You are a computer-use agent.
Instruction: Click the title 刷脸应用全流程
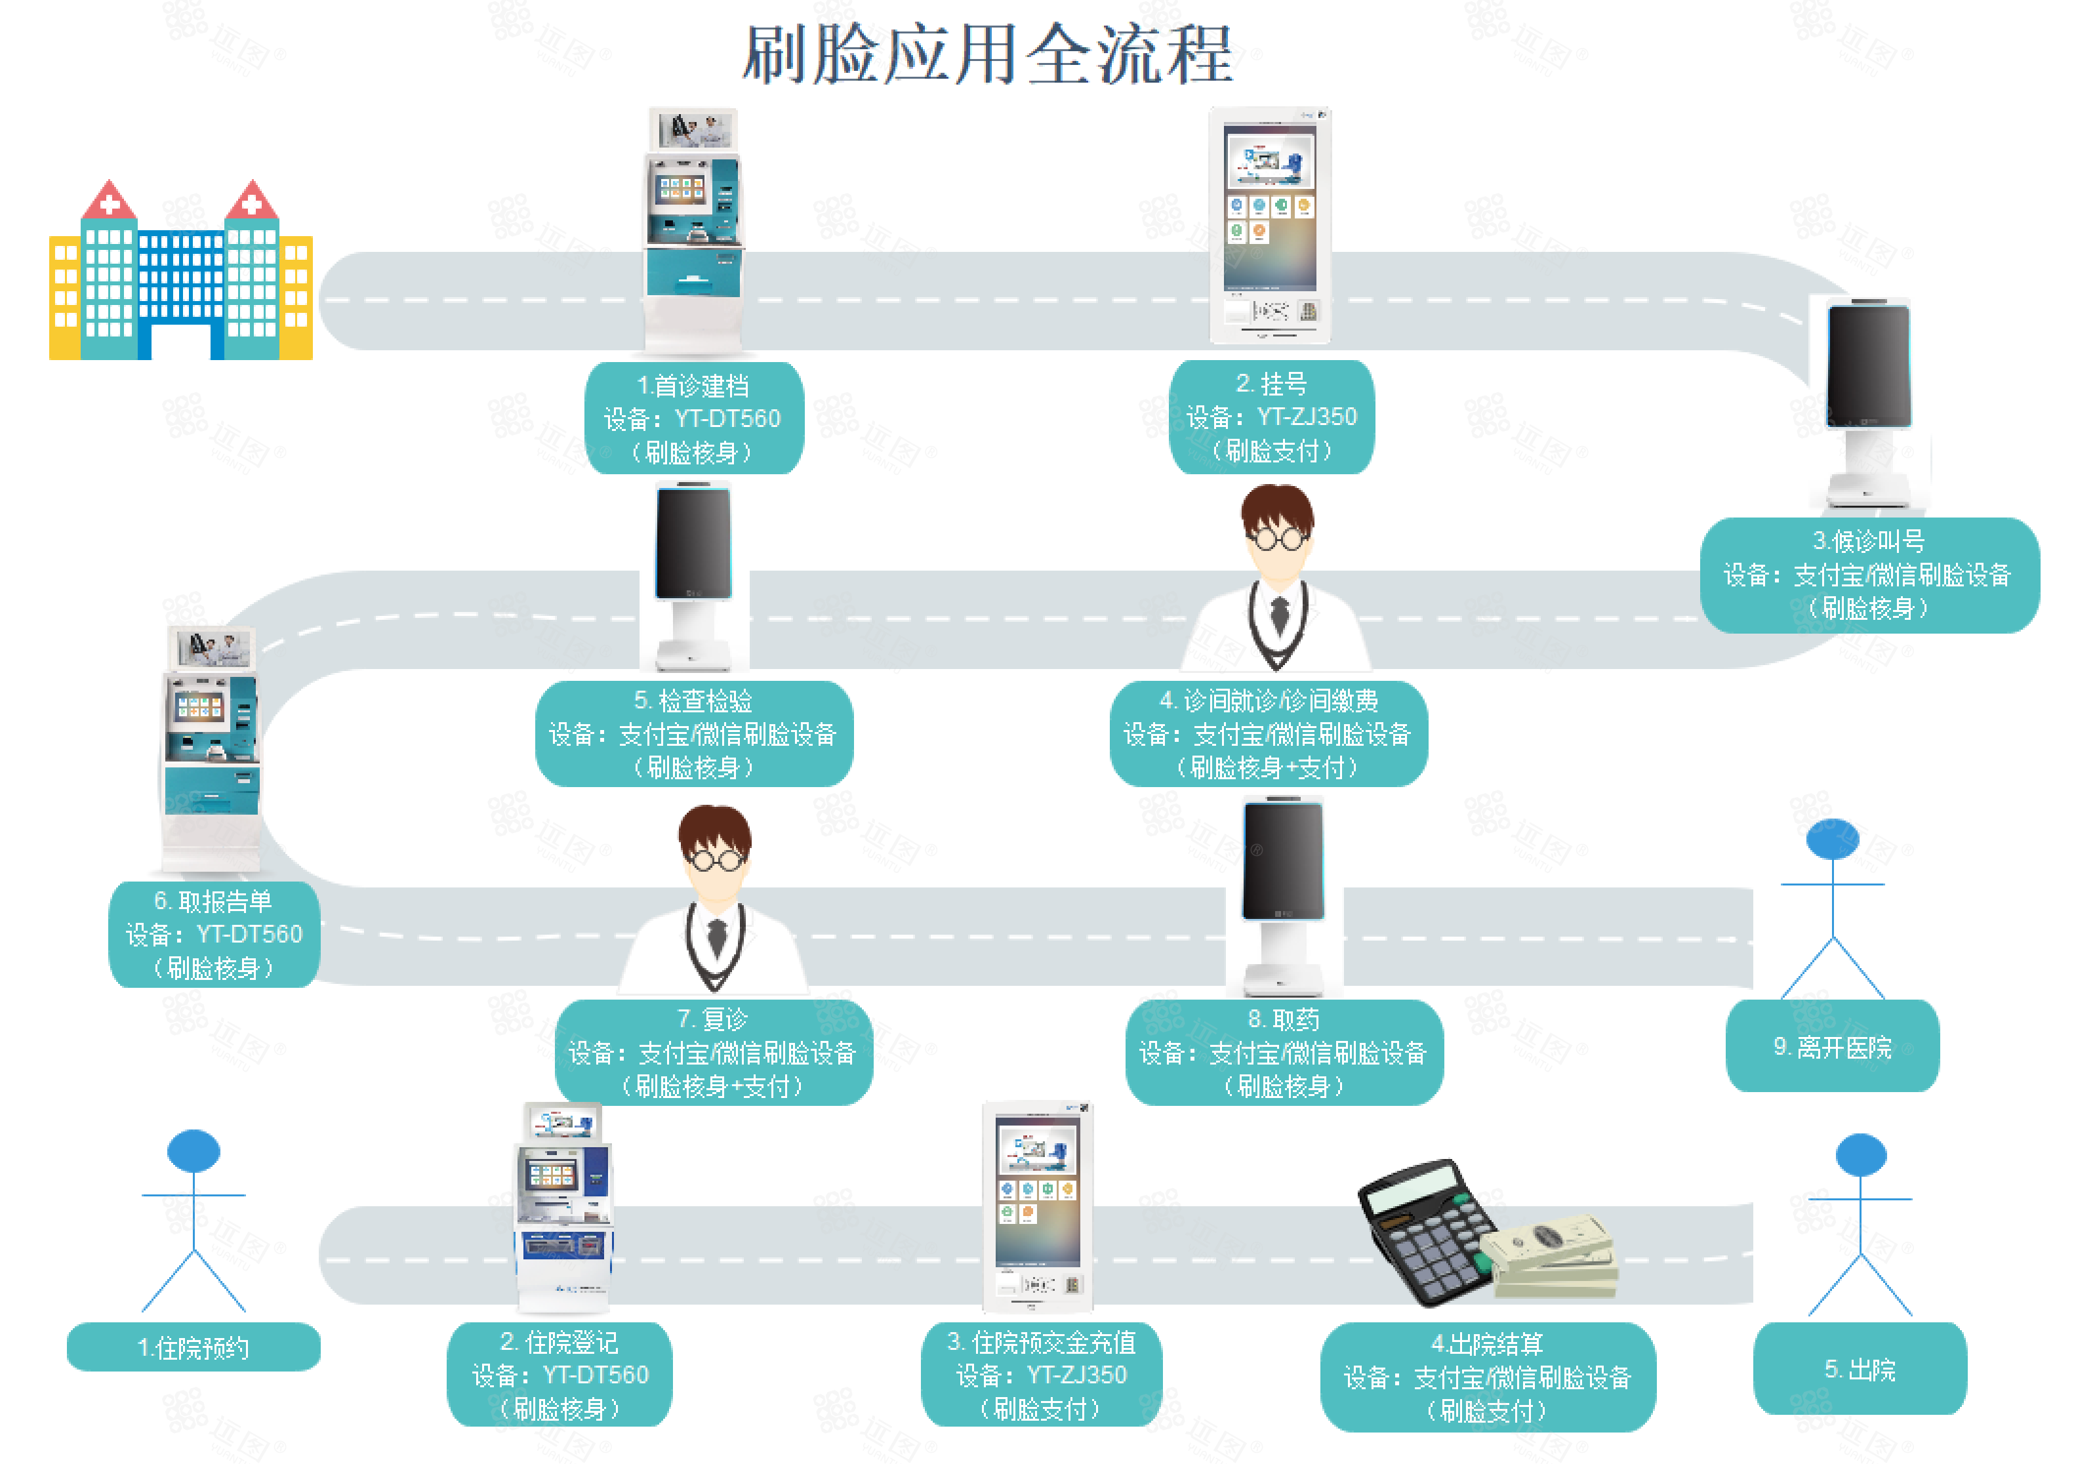pos(987,54)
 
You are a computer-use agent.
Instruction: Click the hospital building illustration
pos(181,270)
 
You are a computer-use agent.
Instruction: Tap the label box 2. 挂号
pos(1271,417)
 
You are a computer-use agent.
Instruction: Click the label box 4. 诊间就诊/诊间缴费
pos(1269,733)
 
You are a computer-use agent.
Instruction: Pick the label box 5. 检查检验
pos(693,733)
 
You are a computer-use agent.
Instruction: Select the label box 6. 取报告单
pos(214,934)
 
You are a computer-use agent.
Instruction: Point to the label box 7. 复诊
pos(714,1051)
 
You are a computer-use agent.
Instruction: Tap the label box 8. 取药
pos(1284,1051)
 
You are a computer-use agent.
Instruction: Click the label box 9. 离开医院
pos(1833,1046)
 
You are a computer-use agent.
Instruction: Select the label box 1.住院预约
pos(193,1347)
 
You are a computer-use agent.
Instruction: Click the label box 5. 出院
pos(1860,1369)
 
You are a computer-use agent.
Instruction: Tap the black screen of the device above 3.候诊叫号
pos(1869,365)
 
